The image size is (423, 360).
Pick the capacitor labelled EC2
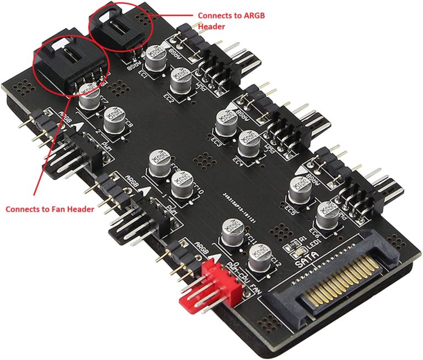pyautogui.click(x=181, y=83)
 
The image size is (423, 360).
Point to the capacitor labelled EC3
pyautogui.click(x=225, y=124)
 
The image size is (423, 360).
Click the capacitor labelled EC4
pyautogui.click(x=250, y=141)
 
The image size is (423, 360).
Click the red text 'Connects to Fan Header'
pyautogui.click(x=49, y=209)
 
